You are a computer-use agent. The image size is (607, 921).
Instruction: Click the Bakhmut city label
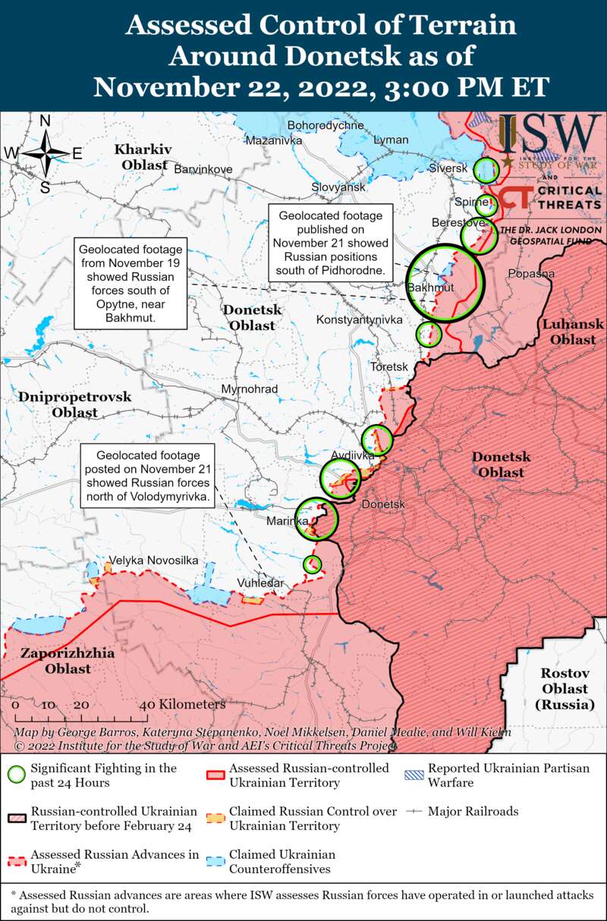pyautogui.click(x=429, y=288)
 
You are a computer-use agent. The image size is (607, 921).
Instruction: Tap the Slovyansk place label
pyautogui.click(x=338, y=187)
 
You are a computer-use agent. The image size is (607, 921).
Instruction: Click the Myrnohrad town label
pyautogui.click(x=249, y=389)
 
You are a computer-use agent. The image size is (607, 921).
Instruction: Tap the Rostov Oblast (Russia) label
pyautogui.click(x=565, y=688)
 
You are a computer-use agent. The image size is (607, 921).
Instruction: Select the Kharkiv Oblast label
pyautogui.click(x=143, y=156)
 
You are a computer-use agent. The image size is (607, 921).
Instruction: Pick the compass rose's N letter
pyautogui.click(x=45, y=121)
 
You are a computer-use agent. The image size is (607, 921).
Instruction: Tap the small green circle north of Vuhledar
pyautogui.click(x=312, y=564)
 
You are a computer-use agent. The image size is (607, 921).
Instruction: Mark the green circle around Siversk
pyautogui.click(x=486, y=169)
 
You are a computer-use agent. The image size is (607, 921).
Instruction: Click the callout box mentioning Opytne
pyautogui.click(x=130, y=284)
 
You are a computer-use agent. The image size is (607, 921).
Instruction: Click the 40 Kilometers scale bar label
pyautogui.click(x=182, y=704)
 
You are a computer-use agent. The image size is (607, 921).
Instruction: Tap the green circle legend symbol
pyautogui.click(x=15, y=775)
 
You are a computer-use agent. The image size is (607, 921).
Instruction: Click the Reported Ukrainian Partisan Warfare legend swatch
pyautogui.click(x=414, y=769)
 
